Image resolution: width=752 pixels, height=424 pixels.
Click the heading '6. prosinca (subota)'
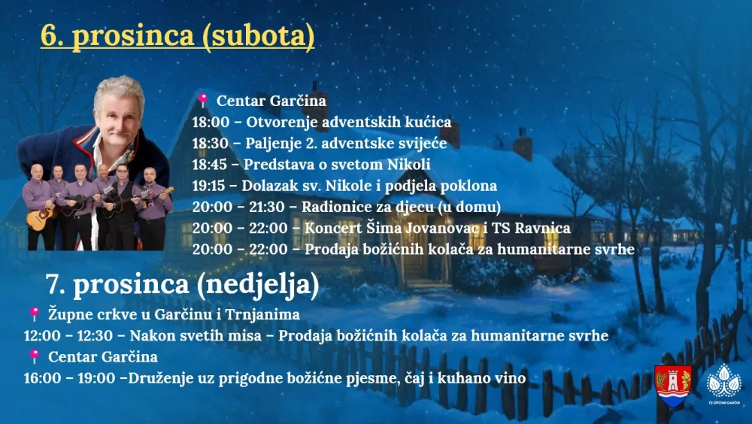pyautogui.click(x=177, y=36)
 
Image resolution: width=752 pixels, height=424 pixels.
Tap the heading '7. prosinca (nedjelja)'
pyautogui.click(x=182, y=284)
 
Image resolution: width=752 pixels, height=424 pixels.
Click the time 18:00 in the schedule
pyautogui.click(x=208, y=122)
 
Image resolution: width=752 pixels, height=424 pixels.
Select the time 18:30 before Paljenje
pyautogui.click(x=208, y=143)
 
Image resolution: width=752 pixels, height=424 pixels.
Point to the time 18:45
pyautogui.click(x=208, y=164)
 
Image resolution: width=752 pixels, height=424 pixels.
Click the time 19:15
pyautogui.click(x=208, y=185)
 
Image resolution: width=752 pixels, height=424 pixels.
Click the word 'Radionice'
pyautogui.click(x=333, y=206)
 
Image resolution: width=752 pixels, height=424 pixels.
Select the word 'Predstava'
pyautogui.click(x=272, y=164)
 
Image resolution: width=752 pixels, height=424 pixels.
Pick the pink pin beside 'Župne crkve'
pyautogui.click(x=34, y=313)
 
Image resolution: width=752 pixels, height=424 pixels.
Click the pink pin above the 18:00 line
pyautogui.click(x=202, y=100)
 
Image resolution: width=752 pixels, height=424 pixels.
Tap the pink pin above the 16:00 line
pyautogui.click(x=34, y=356)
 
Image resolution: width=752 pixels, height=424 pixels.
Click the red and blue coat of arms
pyautogui.click(x=673, y=385)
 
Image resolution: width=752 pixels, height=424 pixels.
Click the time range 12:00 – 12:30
pyautogui.click(x=66, y=335)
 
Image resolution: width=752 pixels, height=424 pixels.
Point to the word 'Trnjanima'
pyautogui.click(x=267, y=314)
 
